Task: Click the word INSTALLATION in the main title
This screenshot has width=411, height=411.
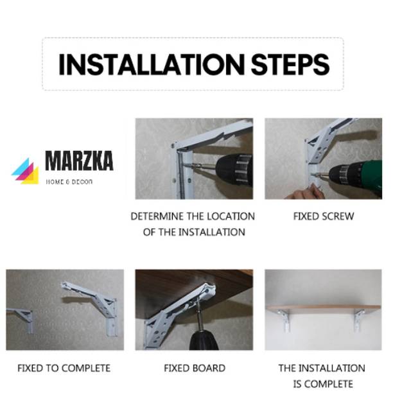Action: pos(152,64)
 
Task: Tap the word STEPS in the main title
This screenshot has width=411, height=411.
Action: pos(290,64)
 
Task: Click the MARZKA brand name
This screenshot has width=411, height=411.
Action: pos(79,161)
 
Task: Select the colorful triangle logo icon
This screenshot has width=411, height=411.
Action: pos(25,171)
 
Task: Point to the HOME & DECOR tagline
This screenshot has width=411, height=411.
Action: pos(69,182)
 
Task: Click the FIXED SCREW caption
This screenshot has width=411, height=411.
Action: pos(324,216)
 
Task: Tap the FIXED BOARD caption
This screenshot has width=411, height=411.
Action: pos(195,368)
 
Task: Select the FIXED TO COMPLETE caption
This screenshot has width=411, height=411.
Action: pos(64,368)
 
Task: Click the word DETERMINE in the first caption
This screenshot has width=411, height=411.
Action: pos(157,216)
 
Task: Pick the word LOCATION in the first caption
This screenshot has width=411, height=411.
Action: pos(231,216)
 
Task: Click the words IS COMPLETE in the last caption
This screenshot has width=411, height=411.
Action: pos(323,384)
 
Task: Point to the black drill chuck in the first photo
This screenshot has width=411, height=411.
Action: pos(234,170)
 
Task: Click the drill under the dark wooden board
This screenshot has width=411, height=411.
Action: pos(203,335)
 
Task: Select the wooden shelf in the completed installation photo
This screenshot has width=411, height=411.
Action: pos(324,308)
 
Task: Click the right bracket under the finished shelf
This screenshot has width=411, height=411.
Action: pos(358,320)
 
